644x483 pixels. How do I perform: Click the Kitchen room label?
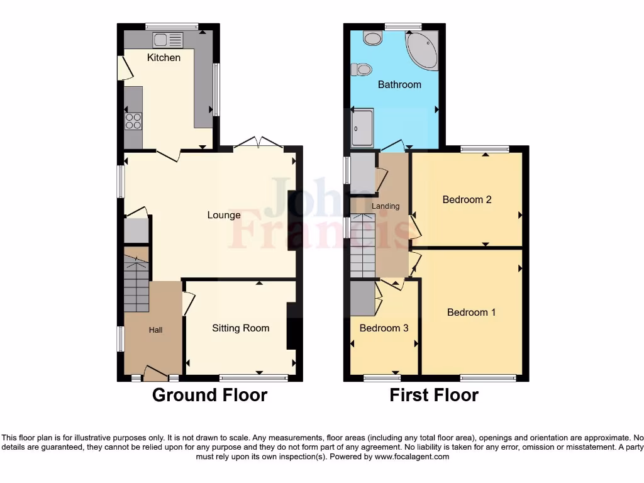[x=164, y=58]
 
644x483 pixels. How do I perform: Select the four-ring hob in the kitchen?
[x=133, y=121]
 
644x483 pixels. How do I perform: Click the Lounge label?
[x=224, y=215]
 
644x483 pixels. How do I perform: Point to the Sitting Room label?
[x=240, y=328]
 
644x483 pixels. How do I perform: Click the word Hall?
[x=155, y=330]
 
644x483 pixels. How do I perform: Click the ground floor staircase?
[x=136, y=283]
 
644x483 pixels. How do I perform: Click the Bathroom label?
[x=399, y=84]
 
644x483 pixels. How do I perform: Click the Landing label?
[x=386, y=206]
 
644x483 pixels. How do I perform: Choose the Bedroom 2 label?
[x=467, y=199]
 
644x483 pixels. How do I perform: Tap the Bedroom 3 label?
[x=384, y=328]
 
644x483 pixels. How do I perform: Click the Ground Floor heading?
[x=209, y=395]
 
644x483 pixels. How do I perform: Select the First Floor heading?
[x=434, y=395]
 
